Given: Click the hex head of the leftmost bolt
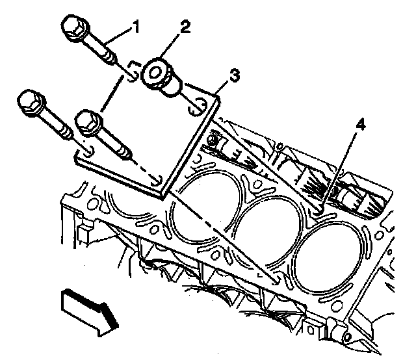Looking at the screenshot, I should coord(29,102).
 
